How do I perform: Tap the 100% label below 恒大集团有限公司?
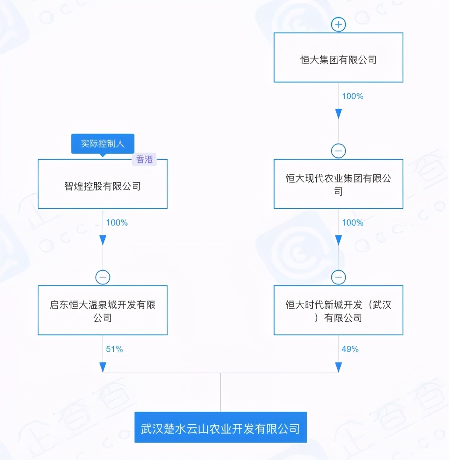[353, 96]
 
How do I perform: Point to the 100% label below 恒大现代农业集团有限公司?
[353, 223]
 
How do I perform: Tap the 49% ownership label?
[350, 349]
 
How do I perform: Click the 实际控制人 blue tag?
[103, 144]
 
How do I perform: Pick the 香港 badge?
[144, 159]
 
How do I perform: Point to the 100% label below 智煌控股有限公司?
[117, 223]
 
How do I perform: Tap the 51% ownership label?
[114, 349]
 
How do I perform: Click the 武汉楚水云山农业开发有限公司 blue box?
[221, 427]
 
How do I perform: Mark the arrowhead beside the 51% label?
[103, 367]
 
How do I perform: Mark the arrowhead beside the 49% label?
[339, 367]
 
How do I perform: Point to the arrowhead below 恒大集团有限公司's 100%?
[339, 114]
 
